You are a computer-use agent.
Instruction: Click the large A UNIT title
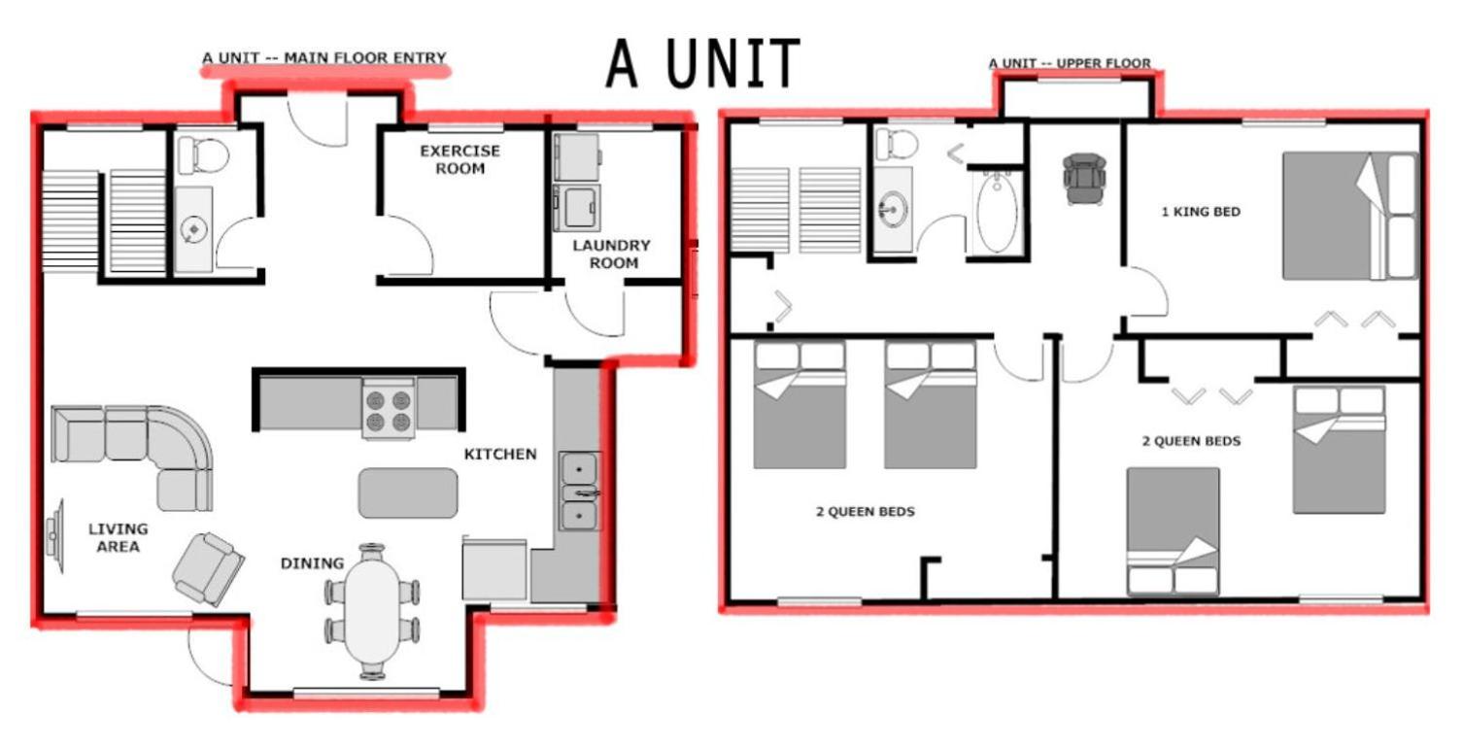[702, 63]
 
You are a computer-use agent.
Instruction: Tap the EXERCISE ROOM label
[459, 159]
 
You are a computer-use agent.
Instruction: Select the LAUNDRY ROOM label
[612, 255]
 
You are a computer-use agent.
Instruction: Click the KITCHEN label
[500, 454]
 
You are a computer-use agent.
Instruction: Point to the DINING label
[312, 563]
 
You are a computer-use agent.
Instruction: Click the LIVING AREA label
[119, 537]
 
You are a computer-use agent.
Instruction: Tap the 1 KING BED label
[1201, 212]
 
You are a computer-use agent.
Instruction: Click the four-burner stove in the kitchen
[389, 409]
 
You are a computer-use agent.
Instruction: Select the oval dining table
[372, 611]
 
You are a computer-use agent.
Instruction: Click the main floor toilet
[203, 155]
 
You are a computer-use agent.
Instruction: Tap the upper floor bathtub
[997, 213]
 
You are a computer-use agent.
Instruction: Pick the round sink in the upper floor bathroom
[893, 209]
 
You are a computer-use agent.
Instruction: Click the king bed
[1350, 217]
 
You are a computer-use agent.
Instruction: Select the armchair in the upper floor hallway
[1084, 179]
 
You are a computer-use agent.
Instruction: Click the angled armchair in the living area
[208, 569]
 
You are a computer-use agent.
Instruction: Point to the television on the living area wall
[54, 536]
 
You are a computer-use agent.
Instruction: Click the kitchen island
[408, 493]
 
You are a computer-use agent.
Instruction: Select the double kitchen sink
[580, 491]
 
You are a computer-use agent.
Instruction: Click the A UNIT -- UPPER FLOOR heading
[1070, 63]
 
